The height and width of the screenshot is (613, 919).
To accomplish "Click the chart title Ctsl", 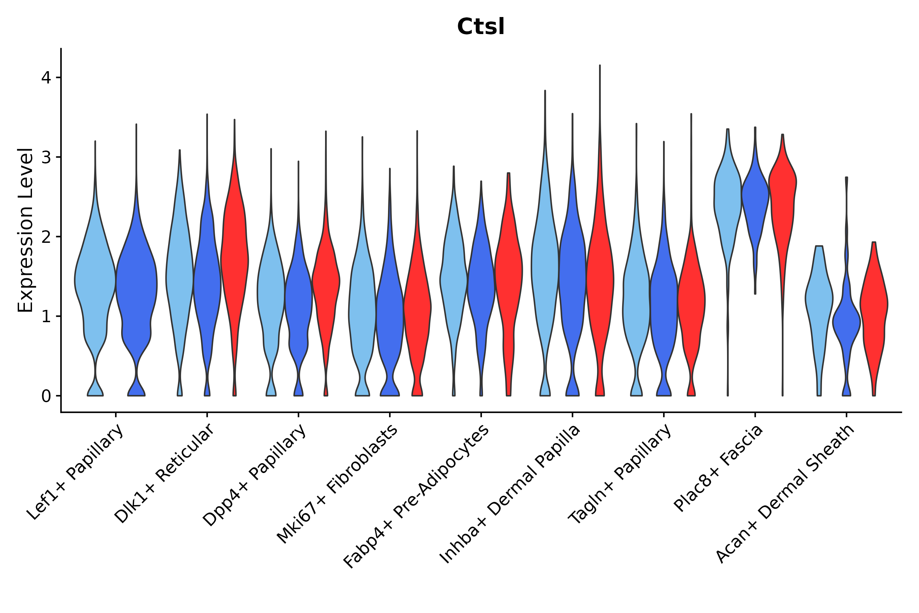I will tap(481, 27).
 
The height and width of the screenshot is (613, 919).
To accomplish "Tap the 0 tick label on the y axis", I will tap(46, 396).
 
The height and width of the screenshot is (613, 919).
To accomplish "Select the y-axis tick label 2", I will tap(46, 237).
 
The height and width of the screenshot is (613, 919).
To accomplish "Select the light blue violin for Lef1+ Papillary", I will tap(95, 282).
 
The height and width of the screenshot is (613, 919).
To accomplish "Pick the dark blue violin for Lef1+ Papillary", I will tap(136, 282).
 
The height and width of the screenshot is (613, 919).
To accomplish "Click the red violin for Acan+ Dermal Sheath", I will tap(874, 305).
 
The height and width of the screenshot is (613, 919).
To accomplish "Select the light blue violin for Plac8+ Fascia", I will tap(728, 195).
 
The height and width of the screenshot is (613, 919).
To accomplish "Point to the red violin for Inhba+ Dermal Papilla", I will tap(600, 282).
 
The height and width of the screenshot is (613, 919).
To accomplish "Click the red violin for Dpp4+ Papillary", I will tap(326, 282).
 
